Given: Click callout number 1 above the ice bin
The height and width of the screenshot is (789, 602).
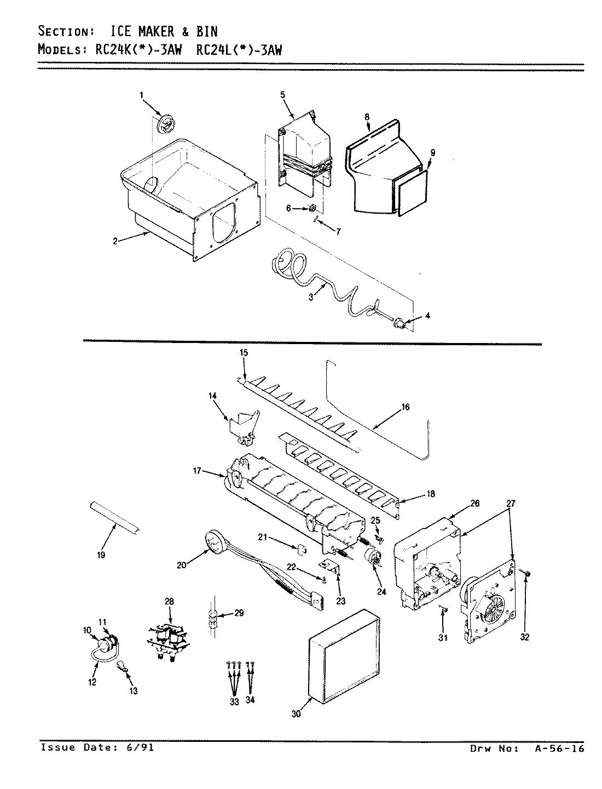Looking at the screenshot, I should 141,95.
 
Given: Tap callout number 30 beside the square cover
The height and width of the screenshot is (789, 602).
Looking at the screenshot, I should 296,713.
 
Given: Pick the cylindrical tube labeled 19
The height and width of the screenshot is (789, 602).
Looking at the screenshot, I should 114,518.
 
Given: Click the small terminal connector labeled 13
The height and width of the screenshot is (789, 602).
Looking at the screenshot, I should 121,667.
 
